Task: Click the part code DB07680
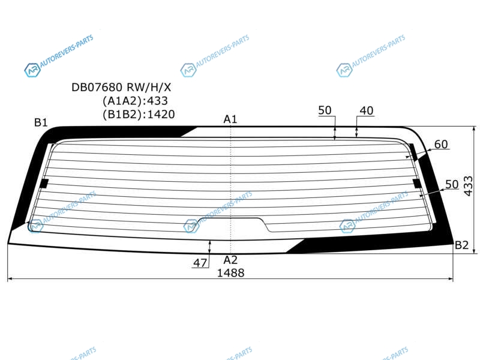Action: [97, 88]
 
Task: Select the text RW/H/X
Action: [149, 88]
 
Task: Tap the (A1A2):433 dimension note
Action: [135, 101]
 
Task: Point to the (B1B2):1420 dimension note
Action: [139, 115]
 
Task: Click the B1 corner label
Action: [41, 123]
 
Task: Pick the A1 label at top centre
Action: [230, 119]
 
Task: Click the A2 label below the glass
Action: [230, 260]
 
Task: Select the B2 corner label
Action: [461, 245]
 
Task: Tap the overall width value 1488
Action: [230, 273]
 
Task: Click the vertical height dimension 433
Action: [469, 186]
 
